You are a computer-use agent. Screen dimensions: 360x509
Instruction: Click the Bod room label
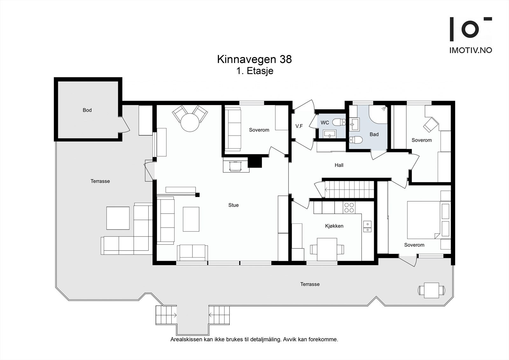(x=87, y=110)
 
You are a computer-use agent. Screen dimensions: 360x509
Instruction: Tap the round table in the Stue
(x=190, y=123)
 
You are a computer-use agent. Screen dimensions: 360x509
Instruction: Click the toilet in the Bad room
(x=356, y=140)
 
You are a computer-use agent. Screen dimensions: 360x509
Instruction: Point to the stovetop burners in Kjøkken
(x=349, y=208)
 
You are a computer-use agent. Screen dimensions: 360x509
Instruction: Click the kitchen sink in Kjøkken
(x=367, y=226)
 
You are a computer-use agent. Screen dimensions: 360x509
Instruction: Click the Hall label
(x=339, y=165)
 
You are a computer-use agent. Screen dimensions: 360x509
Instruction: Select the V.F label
(x=299, y=126)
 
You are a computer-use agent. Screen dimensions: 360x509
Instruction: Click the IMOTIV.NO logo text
(x=471, y=50)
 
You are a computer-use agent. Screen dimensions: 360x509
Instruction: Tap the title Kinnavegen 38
(x=254, y=60)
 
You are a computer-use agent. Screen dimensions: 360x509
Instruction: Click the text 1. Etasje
(x=254, y=71)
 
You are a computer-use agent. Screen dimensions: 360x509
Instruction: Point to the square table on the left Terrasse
(x=118, y=218)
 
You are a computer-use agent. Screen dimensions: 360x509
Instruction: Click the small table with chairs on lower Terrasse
(x=431, y=290)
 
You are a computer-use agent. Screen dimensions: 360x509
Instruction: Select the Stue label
(x=233, y=205)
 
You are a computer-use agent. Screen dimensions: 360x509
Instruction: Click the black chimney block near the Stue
(x=254, y=162)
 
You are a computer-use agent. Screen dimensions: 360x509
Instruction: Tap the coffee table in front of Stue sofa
(x=191, y=219)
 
